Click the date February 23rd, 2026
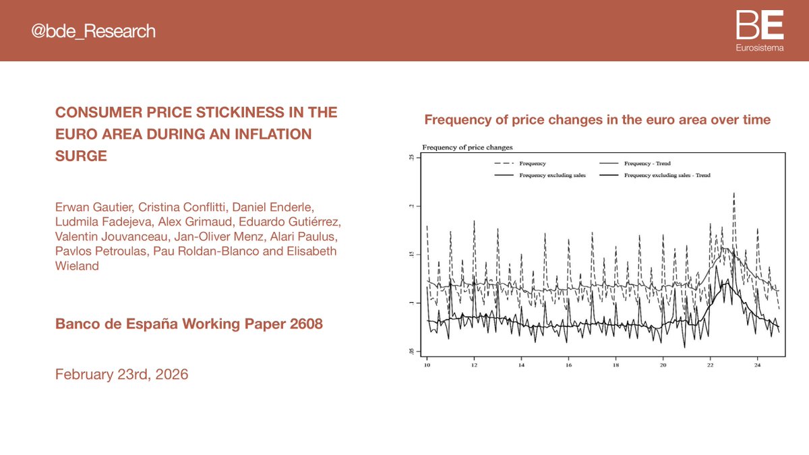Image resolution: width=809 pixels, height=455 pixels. click(121, 374)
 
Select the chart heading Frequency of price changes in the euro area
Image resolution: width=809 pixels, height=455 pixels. click(597, 120)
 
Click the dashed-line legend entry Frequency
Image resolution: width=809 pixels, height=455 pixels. click(533, 163)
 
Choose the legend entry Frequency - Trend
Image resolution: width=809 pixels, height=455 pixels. click(647, 163)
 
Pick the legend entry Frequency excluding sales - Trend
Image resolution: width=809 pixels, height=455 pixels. click(667, 175)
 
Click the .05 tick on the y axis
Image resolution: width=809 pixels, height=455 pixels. click(411, 351)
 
